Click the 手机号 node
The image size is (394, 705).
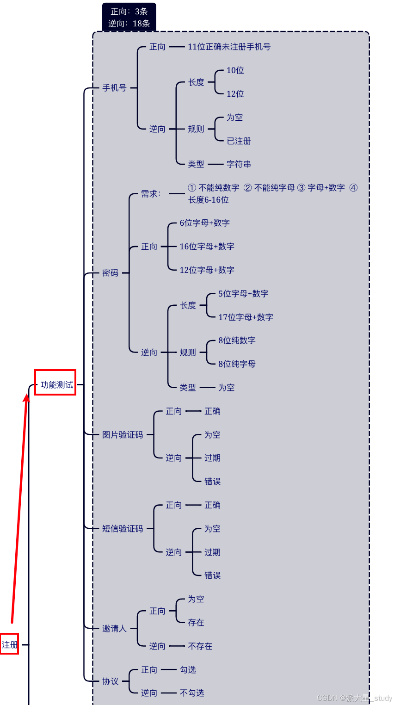pos(114,88)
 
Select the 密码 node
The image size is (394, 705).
pos(111,273)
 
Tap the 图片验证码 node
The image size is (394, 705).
pos(123,435)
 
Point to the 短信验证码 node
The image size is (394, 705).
pos(123,529)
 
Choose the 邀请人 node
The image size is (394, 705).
pos(114,629)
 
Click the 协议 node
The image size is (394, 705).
pos(111,681)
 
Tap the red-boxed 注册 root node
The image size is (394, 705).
pos(9,644)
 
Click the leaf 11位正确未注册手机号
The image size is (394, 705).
pos(229,47)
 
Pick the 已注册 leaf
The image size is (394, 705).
pos(239,141)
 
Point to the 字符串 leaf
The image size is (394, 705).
pos(239,164)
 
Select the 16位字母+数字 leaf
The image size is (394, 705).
pos(207,247)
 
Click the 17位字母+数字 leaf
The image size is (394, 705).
pos(246,317)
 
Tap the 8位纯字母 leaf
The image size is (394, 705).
pos(237,364)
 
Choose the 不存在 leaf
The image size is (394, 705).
pos(200,646)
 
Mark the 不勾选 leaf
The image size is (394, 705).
pos(192,693)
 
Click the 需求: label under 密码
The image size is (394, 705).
pos(151,194)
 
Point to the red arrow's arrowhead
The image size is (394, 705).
pos(27,397)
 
